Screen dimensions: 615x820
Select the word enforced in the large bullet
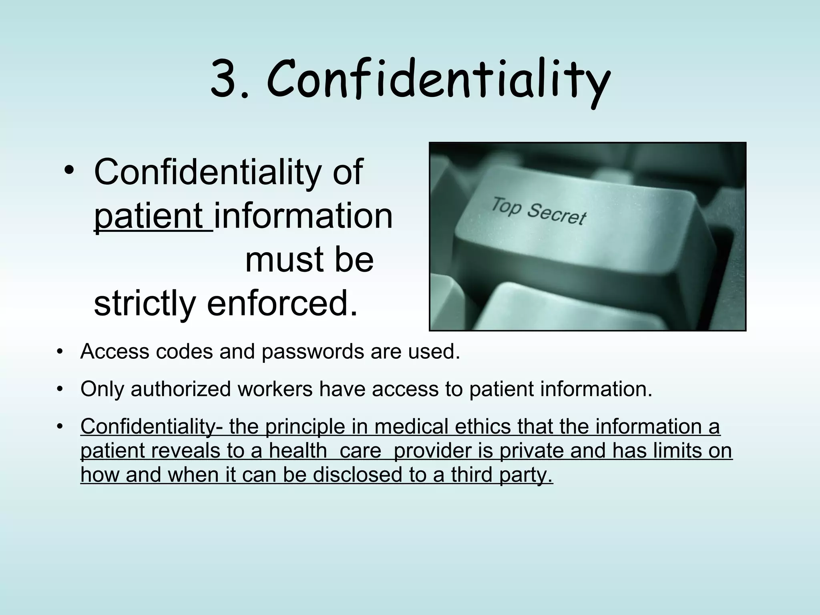pos(282,303)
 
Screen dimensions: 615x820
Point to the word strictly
pos(144,303)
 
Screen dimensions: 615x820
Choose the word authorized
pos(181,389)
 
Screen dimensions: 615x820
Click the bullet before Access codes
pos(60,352)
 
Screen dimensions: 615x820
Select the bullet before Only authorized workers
pos(60,389)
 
